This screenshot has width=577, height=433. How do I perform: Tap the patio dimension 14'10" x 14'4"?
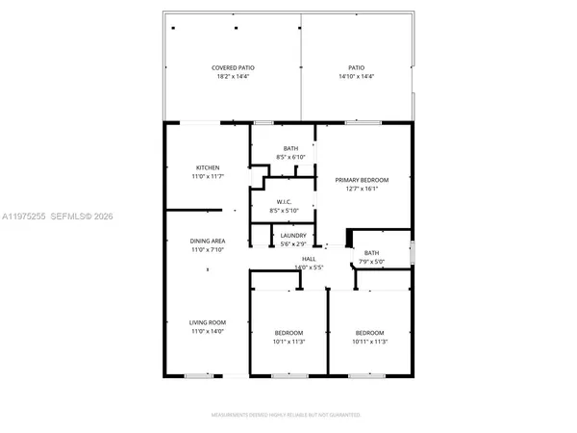356,76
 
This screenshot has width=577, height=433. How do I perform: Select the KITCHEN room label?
209,167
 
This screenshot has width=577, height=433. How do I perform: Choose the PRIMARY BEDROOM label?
362,180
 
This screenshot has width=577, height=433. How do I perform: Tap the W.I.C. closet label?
284,202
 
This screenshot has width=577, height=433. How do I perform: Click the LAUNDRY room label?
292,236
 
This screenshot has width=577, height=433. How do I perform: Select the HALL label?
283,259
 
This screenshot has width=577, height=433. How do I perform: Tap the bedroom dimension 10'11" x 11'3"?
370,341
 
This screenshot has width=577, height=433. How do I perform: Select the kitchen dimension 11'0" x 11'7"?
209,176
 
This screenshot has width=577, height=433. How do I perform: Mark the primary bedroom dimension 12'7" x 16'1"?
362,189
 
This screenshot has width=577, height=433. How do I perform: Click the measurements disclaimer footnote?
288,416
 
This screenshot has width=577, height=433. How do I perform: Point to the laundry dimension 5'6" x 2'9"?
292,243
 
